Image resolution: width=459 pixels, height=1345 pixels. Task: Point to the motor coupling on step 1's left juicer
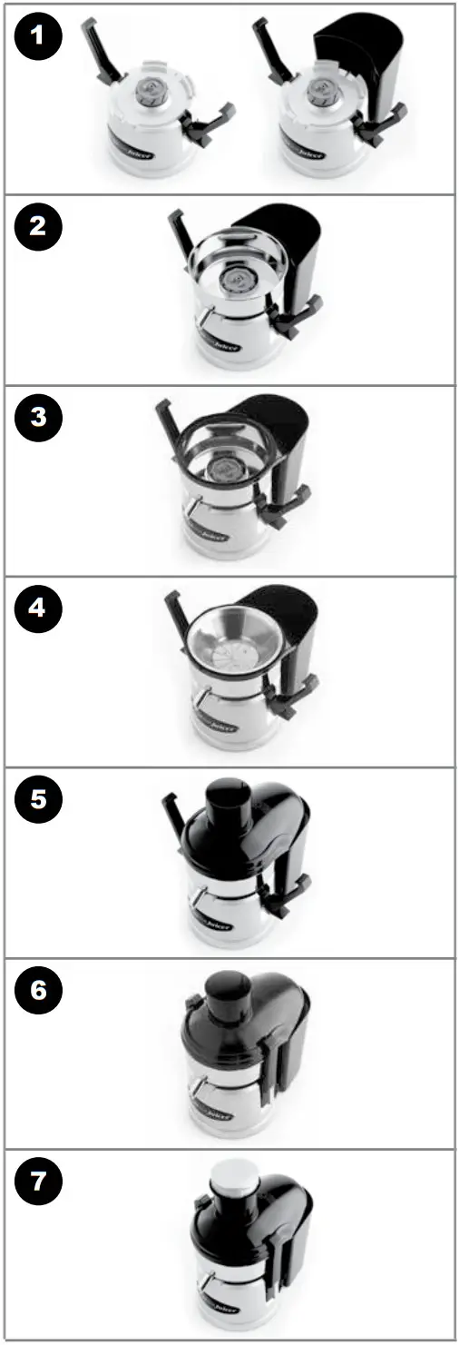point(148,91)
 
